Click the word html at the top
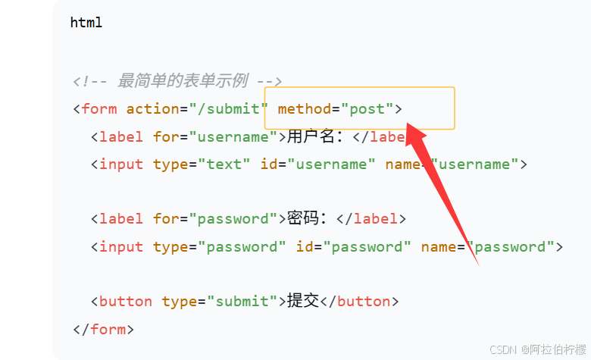pos(86,23)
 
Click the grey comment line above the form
pos(178,81)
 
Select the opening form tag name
pos(99,108)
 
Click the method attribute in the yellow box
pos(304,108)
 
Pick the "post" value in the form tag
pos(367,108)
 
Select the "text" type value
pos(229,164)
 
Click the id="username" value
pos(332,164)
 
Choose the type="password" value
pos(242,246)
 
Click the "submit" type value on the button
pos(242,301)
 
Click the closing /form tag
pos(104,329)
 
